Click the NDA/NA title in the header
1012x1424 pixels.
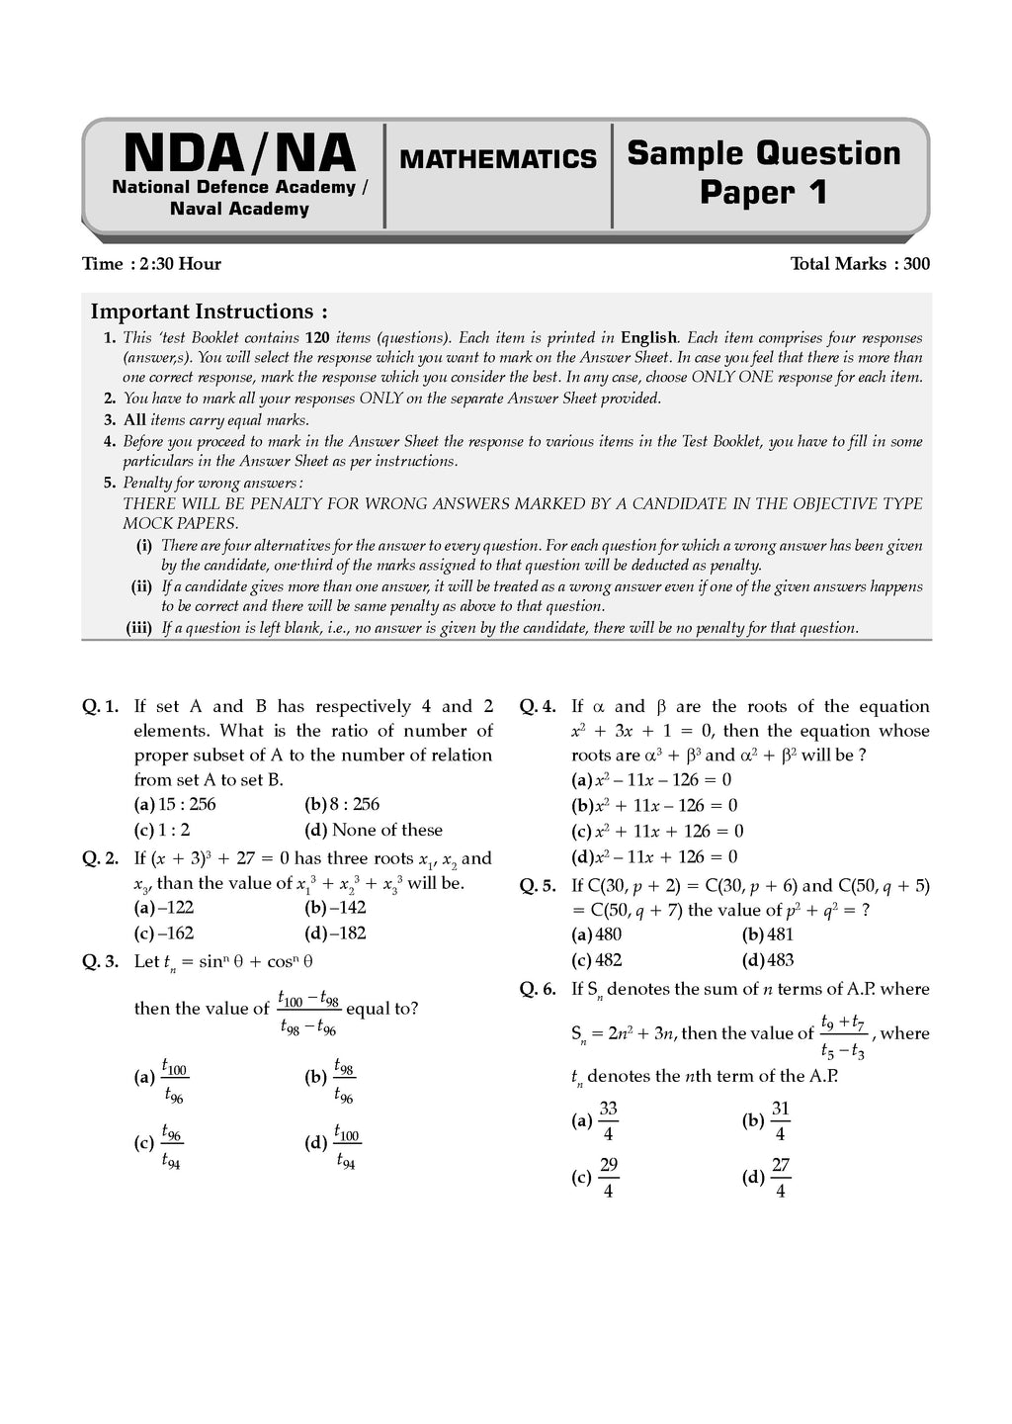tap(239, 154)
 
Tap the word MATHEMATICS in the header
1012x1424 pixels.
tap(498, 159)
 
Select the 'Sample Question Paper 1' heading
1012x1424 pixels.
tap(764, 172)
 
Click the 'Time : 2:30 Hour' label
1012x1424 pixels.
tap(151, 264)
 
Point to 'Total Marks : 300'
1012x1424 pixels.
tap(860, 264)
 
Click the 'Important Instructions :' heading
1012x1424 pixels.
tap(210, 311)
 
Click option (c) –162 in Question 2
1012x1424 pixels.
tap(164, 933)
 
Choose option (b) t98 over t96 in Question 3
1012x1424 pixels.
tap(332, 1080)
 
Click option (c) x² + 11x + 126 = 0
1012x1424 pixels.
tap(658, 831)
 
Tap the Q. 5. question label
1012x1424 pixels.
tap(538, 886)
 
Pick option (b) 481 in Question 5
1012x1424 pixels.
tap(768, 934)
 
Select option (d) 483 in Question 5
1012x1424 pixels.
tap(768, 959)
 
